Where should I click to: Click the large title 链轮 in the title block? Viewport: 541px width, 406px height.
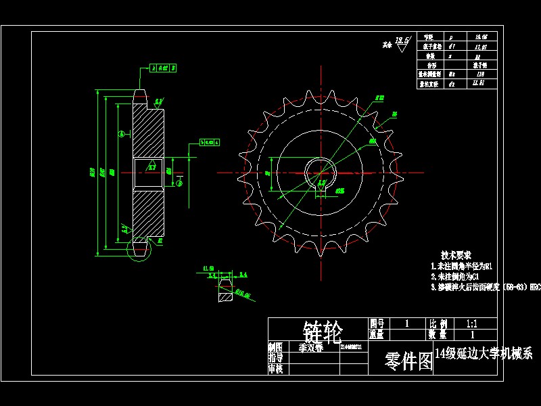[323, 331]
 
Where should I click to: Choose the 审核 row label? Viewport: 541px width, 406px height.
[275, 369]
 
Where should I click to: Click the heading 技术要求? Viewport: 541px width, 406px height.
[456, 256]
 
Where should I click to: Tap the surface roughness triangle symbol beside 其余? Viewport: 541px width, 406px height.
[403, 45]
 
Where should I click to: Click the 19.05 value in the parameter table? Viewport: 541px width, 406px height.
[481, 37]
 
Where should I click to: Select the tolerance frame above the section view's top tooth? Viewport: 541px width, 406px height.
[162, 68]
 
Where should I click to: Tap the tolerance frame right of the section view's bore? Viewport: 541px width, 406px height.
[210, 142]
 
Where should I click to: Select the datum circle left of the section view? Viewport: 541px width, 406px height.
[121, 133]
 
